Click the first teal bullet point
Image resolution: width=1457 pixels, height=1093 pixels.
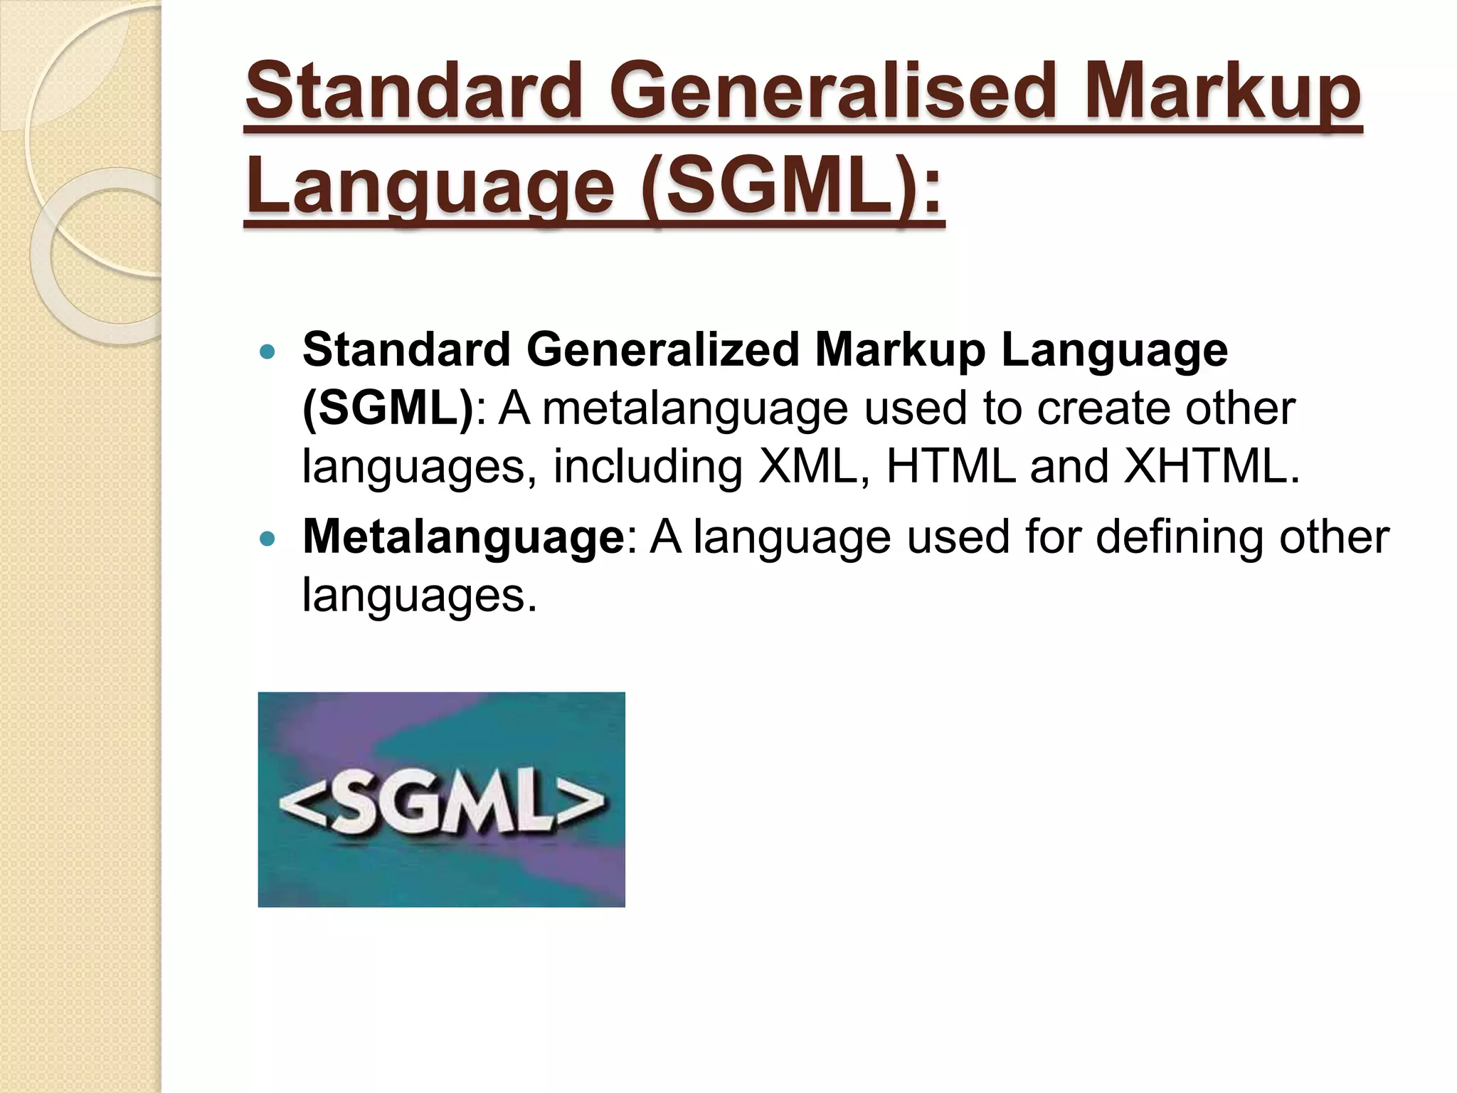pos(267,352)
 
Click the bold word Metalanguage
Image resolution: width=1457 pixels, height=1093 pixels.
pos(463,537)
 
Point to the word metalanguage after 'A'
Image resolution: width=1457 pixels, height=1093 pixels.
pos(695,409)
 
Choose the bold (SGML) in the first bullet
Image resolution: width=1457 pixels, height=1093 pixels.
pos(388,409)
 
